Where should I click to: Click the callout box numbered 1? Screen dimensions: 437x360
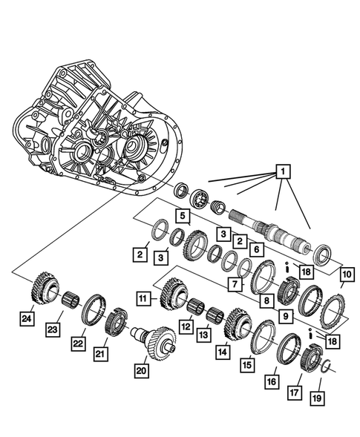pos(282,174)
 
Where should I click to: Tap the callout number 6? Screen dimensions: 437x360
pos(254,251)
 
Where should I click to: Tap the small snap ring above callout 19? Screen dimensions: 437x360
pos(324,364)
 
